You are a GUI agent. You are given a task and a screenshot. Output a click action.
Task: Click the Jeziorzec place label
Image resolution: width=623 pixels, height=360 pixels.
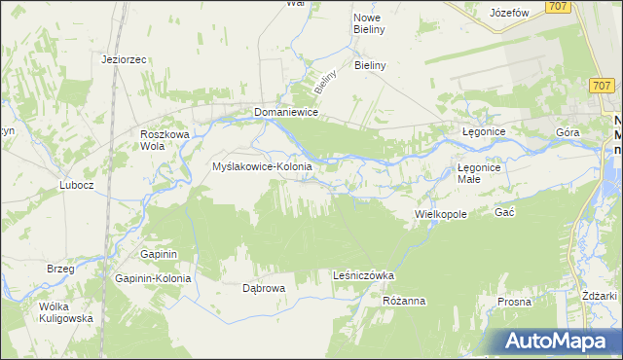(124, 59)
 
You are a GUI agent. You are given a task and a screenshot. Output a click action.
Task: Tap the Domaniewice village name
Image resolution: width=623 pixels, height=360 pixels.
(288, 112)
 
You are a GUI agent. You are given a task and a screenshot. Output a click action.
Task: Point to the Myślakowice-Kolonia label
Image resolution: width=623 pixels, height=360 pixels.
(262, 166)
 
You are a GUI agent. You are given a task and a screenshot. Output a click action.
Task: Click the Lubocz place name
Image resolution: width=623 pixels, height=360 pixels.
(76, 185)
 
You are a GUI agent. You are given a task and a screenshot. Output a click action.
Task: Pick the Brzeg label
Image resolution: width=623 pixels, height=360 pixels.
(61, 268)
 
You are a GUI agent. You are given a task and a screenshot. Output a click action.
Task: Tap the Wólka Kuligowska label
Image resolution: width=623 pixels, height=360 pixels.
(65, 311)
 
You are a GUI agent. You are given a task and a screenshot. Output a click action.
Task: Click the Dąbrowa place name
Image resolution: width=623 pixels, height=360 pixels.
(263, 288)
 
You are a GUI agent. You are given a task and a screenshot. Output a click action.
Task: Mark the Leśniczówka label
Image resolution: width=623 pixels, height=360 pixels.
(363, 275)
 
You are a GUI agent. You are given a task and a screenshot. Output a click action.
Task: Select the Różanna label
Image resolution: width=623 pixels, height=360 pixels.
(404, 301)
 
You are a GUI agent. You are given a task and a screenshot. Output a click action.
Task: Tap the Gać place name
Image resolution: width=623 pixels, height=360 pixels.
(504, 212)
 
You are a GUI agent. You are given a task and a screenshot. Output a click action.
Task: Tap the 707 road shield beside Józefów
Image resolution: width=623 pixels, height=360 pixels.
(558, 7)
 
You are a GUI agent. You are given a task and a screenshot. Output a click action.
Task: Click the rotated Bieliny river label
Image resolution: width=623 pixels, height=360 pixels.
(325, 80)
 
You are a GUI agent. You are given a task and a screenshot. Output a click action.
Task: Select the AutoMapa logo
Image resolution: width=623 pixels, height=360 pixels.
(558, 342)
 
